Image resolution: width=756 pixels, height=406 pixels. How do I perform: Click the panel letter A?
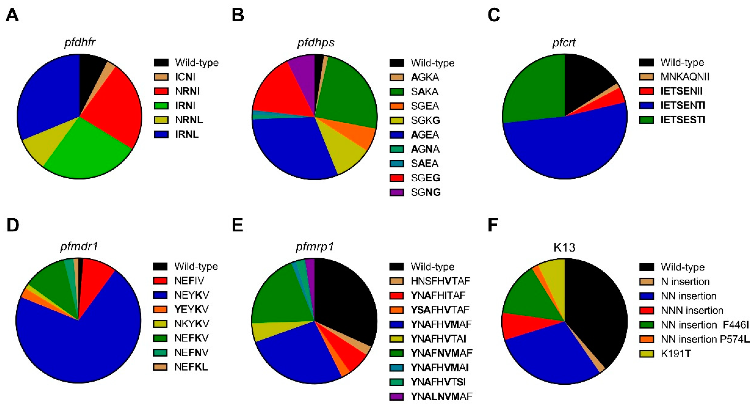[x=12, y=15]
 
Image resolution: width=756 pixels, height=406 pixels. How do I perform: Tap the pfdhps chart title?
[x=316, y=43]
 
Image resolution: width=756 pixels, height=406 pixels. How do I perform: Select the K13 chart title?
[x=564, y=247]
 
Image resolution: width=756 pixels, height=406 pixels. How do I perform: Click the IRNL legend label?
[x=187, y=134]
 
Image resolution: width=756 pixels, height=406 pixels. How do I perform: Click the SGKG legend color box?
[x=397, y=120]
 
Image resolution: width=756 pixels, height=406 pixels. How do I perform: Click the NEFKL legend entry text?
[x=191, y=367]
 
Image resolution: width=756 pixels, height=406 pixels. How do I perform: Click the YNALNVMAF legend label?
[x=441, y=396]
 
